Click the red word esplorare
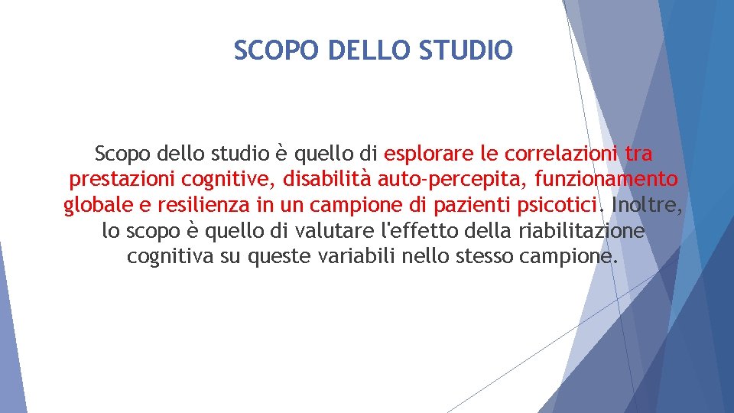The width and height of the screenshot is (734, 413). (428, 154)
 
